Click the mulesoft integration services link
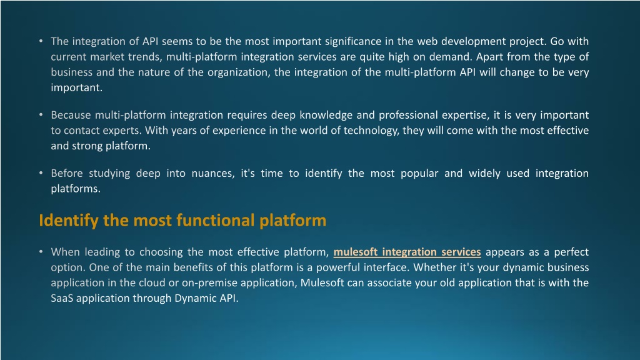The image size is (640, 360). pyautogui.click(x=407, y=252)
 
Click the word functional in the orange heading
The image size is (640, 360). pyautogui.click(x=216, y=221)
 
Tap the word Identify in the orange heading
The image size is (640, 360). pyautogui.click(x=69, y=221)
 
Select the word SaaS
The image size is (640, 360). pyautogui.click(x=62, y=298)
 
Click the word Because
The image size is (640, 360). pyautogui.click(x=71, y=115)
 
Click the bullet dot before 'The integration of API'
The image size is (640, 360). pyautogui.click(x=41, y=41)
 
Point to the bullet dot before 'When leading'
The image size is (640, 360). pyautogui.click(x=41, y=252)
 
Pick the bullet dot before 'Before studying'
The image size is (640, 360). pyautogui.click(x=41, y=173)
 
